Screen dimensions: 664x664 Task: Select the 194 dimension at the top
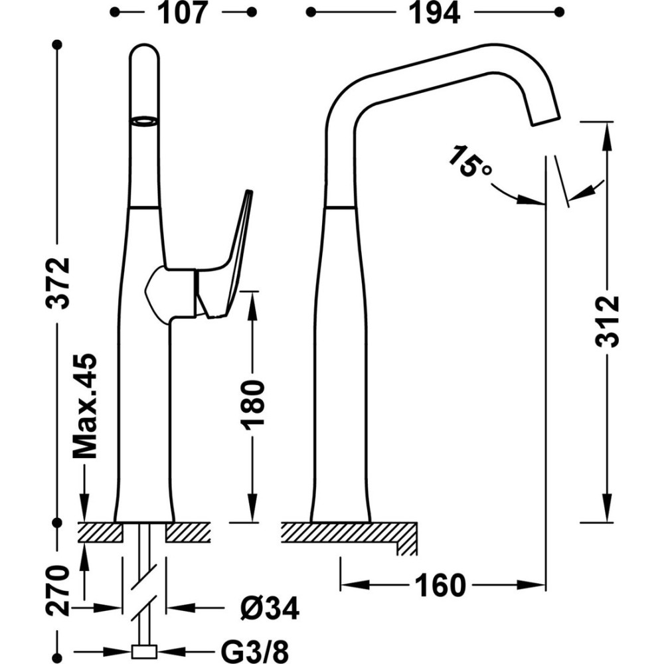(x=435, y=13)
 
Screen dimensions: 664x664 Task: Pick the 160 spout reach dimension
(x=439, y=586)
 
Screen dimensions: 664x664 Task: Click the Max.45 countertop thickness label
(x=85, y=406)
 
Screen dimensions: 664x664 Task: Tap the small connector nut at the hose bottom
(x=144, y=652)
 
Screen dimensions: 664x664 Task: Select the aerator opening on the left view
(x=144, y=121)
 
